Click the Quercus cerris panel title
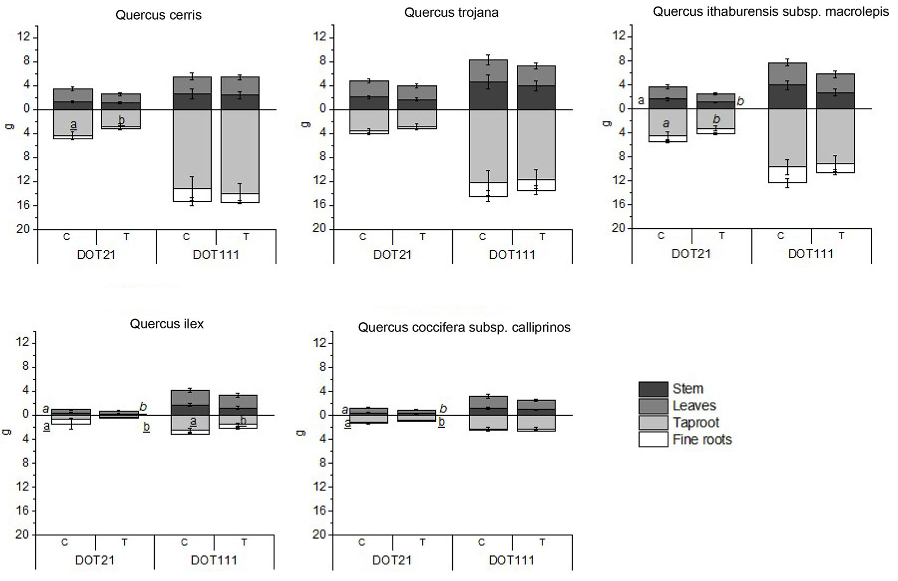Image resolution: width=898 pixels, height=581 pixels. pyautogui.click(x=159, y=15)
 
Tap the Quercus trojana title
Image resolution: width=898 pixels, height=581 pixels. pyautogui.click(x=451, y=13)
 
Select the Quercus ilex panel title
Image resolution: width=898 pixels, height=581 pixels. pyautogui.click(x=167, y=324)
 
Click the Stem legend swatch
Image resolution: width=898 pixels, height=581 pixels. pyautogui.click(x=653, y=389)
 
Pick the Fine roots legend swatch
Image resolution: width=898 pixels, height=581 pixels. pyautogui.click(x=653, y=439)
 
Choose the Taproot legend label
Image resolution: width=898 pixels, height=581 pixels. pyautogui.click(x=695, y=423)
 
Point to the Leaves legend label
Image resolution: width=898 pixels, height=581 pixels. pyautogui.click(x=694, y=406)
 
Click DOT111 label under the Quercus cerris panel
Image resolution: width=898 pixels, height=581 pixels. pyautogui.click(x=216, y=255)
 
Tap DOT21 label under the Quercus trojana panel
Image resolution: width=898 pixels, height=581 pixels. pyautogui.click(x=393, y=255)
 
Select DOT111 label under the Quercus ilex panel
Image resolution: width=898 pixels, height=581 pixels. pyautogui.click(x=214, y=560)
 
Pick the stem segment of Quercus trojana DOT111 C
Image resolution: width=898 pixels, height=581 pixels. pyautogui.click(x=488, y=96)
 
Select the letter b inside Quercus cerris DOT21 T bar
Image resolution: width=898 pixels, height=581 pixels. pyautogui.click(x=121, y=120)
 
